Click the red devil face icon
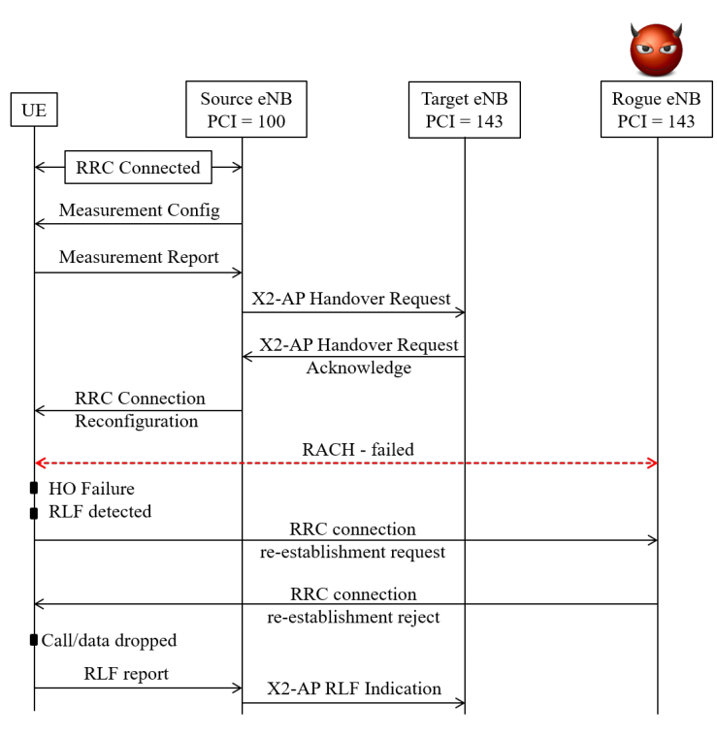coord(657,49)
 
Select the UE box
coord(34,110)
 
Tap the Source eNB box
coord(245,110)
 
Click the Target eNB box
coord(464,111)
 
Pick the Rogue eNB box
coord(656,111)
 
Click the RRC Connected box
coord(138,167)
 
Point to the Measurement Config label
coord(139,209)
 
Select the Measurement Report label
coord(139,257)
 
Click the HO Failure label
coord(91,489)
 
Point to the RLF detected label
coord(100,511)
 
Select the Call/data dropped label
coord(109,641)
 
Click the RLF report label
coord(126,674)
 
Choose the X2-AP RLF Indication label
coord(354,688)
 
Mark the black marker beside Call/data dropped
coord(34,640)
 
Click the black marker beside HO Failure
coord(34,488)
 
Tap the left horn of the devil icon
coord(634,29)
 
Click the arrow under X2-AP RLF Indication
coord(354,702)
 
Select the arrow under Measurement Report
coord(139,272)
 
